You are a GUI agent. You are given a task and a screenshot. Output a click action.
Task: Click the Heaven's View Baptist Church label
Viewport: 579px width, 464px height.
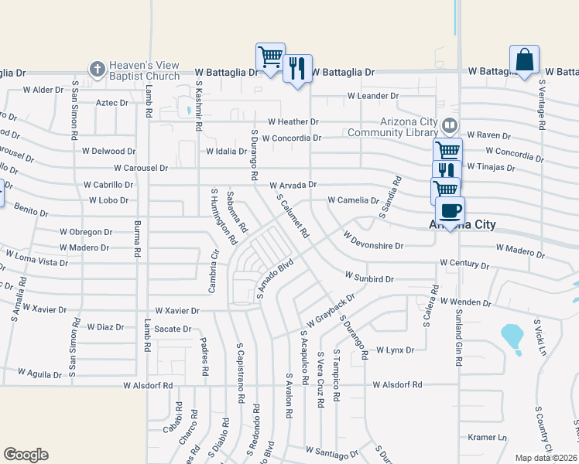(x=146, y=70)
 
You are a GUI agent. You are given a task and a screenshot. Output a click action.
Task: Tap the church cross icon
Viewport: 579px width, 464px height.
(x=97, y=68)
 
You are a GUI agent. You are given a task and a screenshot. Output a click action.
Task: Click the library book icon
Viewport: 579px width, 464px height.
(x=449, y=125)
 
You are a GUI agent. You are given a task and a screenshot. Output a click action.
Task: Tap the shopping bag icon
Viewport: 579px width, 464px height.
(x=524, y=60)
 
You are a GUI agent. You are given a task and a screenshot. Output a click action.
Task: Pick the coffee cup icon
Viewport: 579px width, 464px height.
(x=450, y=210)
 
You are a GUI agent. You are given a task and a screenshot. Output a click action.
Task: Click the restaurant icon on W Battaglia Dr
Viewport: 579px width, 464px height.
(x=297, y=69)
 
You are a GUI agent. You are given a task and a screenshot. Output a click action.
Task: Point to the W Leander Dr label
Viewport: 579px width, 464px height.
(x=373, y=97)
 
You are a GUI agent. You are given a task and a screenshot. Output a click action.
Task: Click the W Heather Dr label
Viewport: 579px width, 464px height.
(x=293, y=122)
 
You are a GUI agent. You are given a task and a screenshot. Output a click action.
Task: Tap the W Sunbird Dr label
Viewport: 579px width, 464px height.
(x=369, y=276)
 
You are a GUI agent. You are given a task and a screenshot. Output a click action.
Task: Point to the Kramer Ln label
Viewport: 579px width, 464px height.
(x=486, y=438)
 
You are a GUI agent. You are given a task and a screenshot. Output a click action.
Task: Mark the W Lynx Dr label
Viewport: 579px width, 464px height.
(x=395, y=350)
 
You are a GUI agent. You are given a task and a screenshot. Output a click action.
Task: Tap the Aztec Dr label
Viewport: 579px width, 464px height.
(x=111, y=103)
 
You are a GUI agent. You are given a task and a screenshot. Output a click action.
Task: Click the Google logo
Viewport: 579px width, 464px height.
(x=26, y=455)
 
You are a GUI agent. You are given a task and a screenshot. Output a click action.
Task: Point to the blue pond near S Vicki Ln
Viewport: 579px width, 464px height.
(x=512, y=336)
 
